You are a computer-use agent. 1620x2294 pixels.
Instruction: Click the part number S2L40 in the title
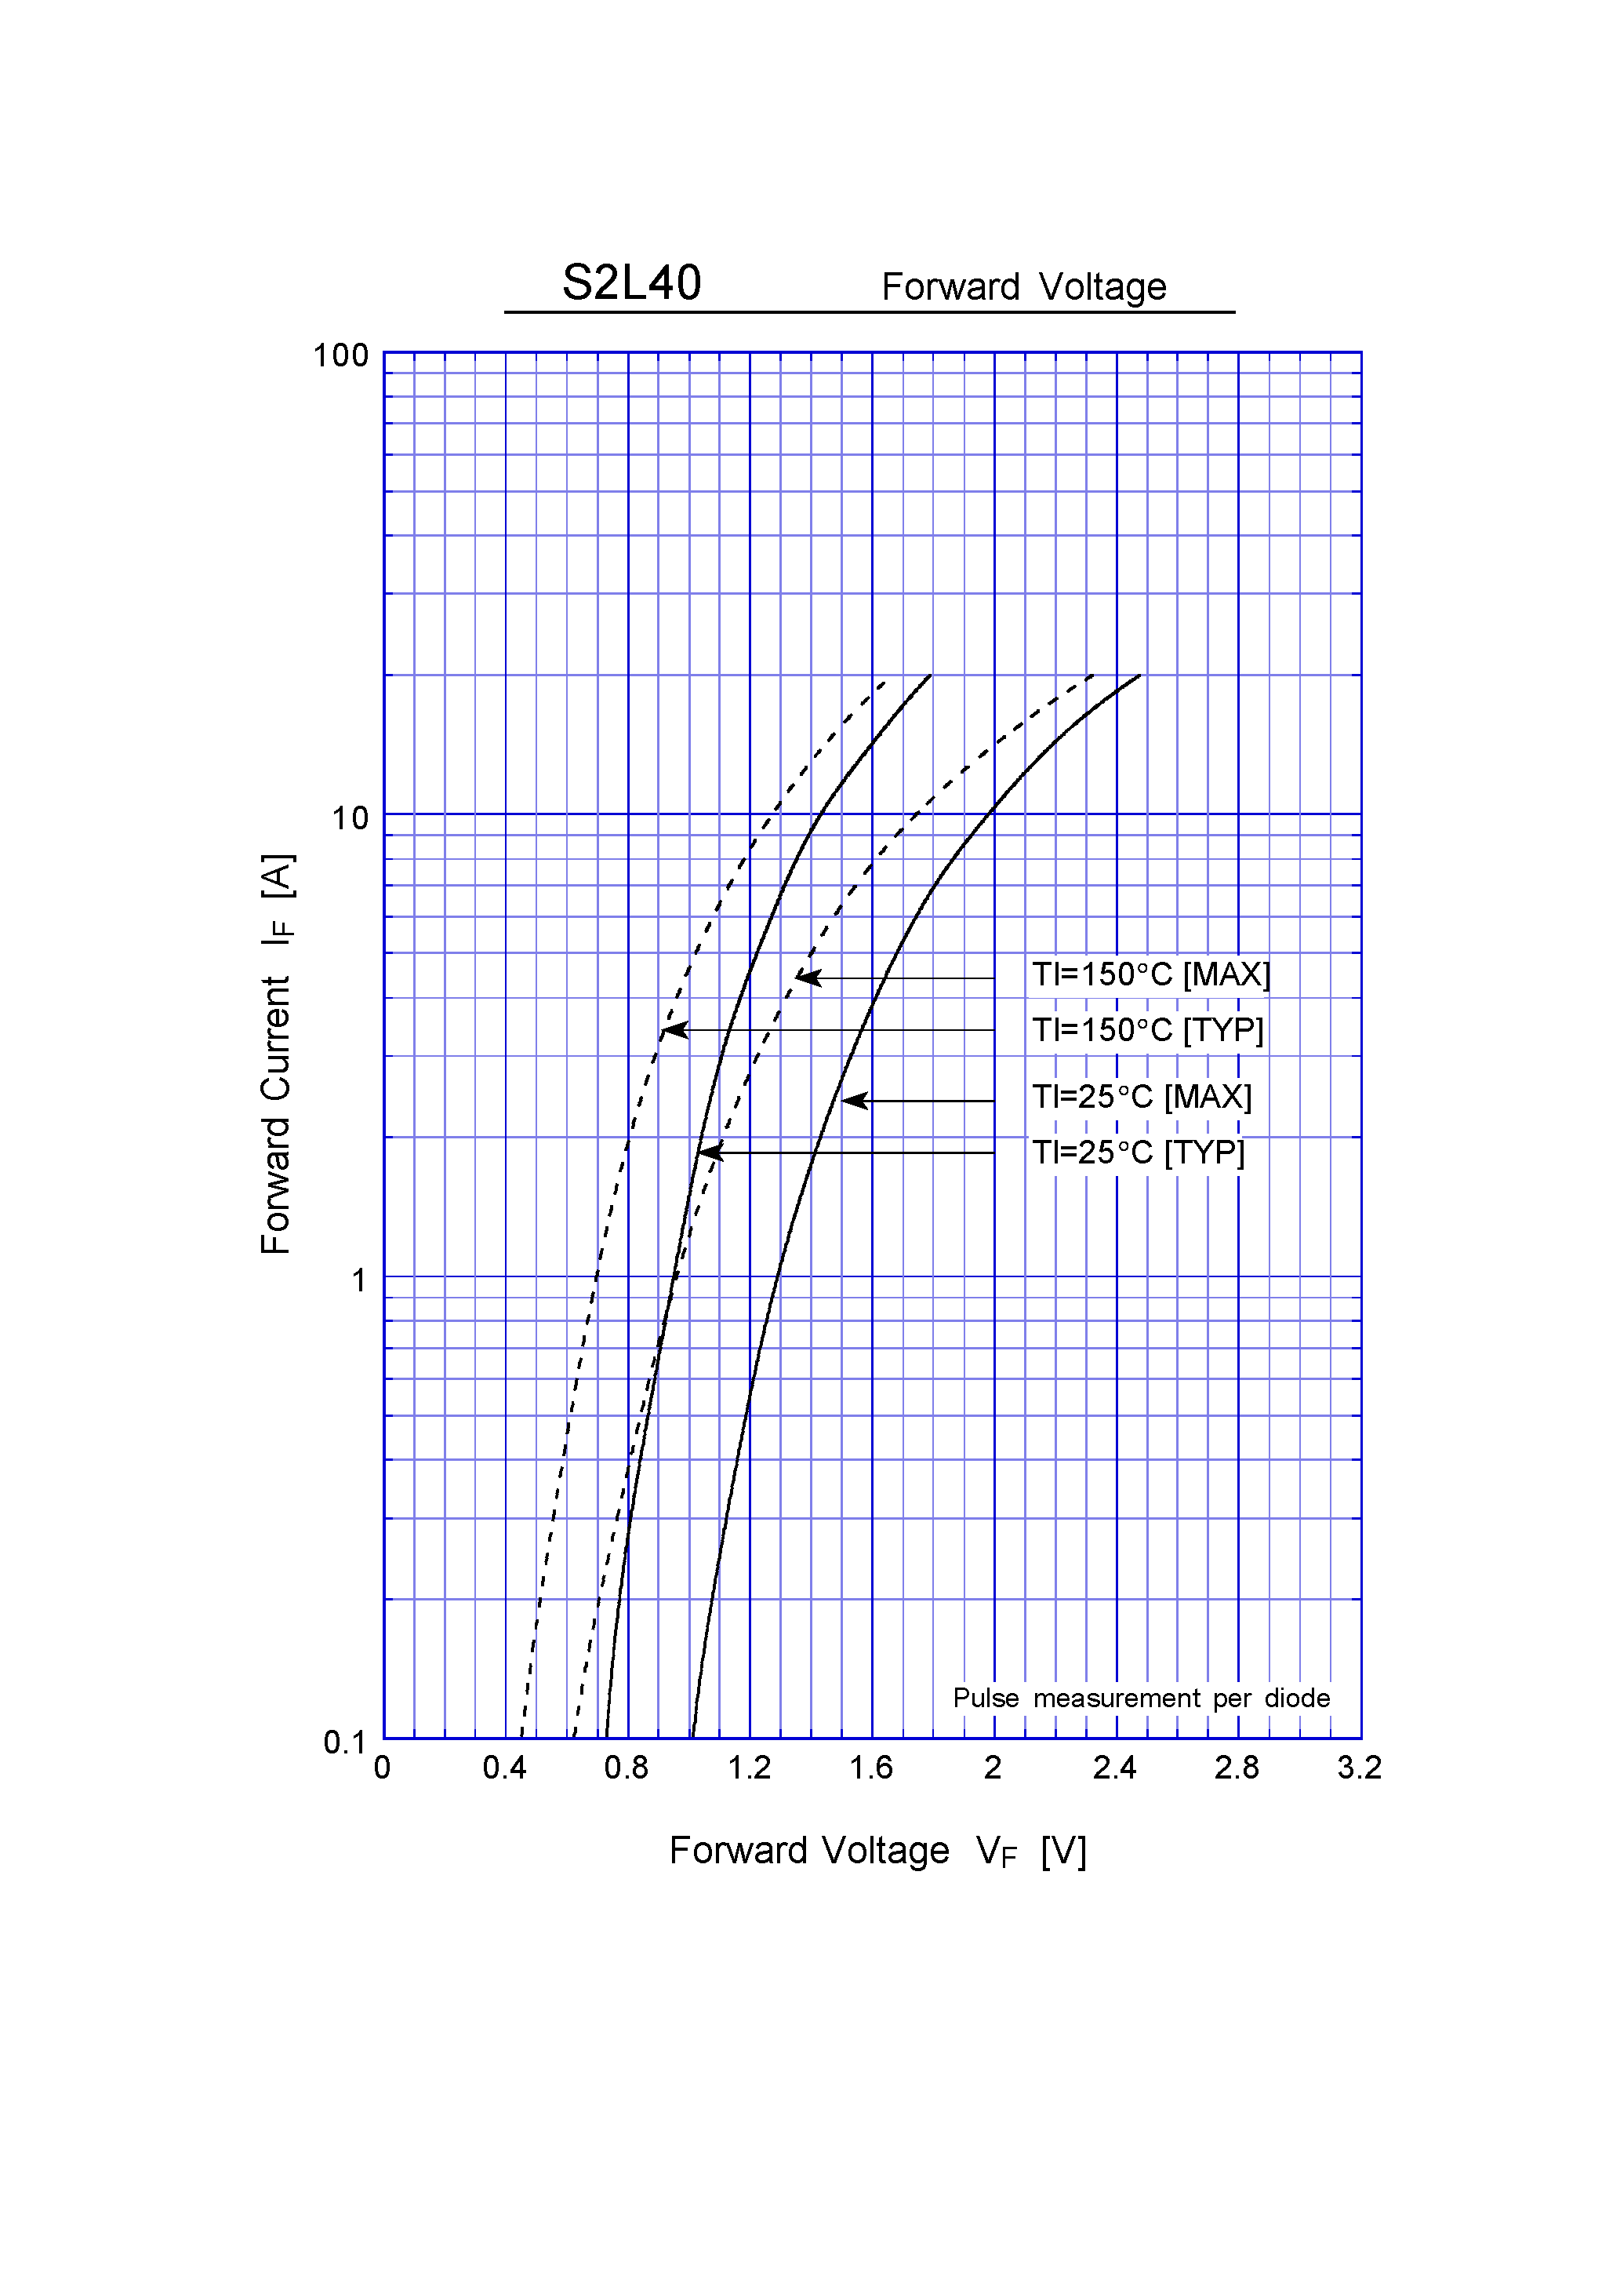click(x=631, y=282)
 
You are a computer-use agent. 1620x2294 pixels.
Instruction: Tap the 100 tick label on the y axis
click(x=340, y=355)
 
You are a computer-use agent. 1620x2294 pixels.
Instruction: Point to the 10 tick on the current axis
click(x=350, y=818)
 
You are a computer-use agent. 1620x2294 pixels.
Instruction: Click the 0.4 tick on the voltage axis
click(x=504, y=1768)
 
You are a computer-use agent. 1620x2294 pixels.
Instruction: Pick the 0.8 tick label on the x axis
click(x=627, y=1768)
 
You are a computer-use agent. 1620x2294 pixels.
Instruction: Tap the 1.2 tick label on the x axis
click(x=749, y=1768)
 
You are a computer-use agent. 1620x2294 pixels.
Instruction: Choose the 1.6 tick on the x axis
click(x=871, y=1768)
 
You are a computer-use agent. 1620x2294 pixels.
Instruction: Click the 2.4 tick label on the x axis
click(x=1114, y=1768)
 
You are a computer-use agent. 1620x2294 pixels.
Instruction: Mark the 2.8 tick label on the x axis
click(x=1237, y=1768)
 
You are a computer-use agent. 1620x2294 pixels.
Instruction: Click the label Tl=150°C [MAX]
click(x=1150, y=974)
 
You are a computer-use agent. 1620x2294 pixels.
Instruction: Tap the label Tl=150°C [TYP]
click(x=1148, y=1030)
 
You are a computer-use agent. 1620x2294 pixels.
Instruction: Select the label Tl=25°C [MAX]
click(x=1142, y=1097)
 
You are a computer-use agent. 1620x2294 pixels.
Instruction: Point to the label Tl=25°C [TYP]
click(x=1139, y=1153)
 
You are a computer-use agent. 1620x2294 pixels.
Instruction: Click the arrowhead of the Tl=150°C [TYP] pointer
click(x=673, y=1029)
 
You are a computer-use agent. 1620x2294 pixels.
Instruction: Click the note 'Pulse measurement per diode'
click(x=1141, y=1698)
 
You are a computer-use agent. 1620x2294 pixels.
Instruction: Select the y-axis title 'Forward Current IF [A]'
click(x=277, y=1054)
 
